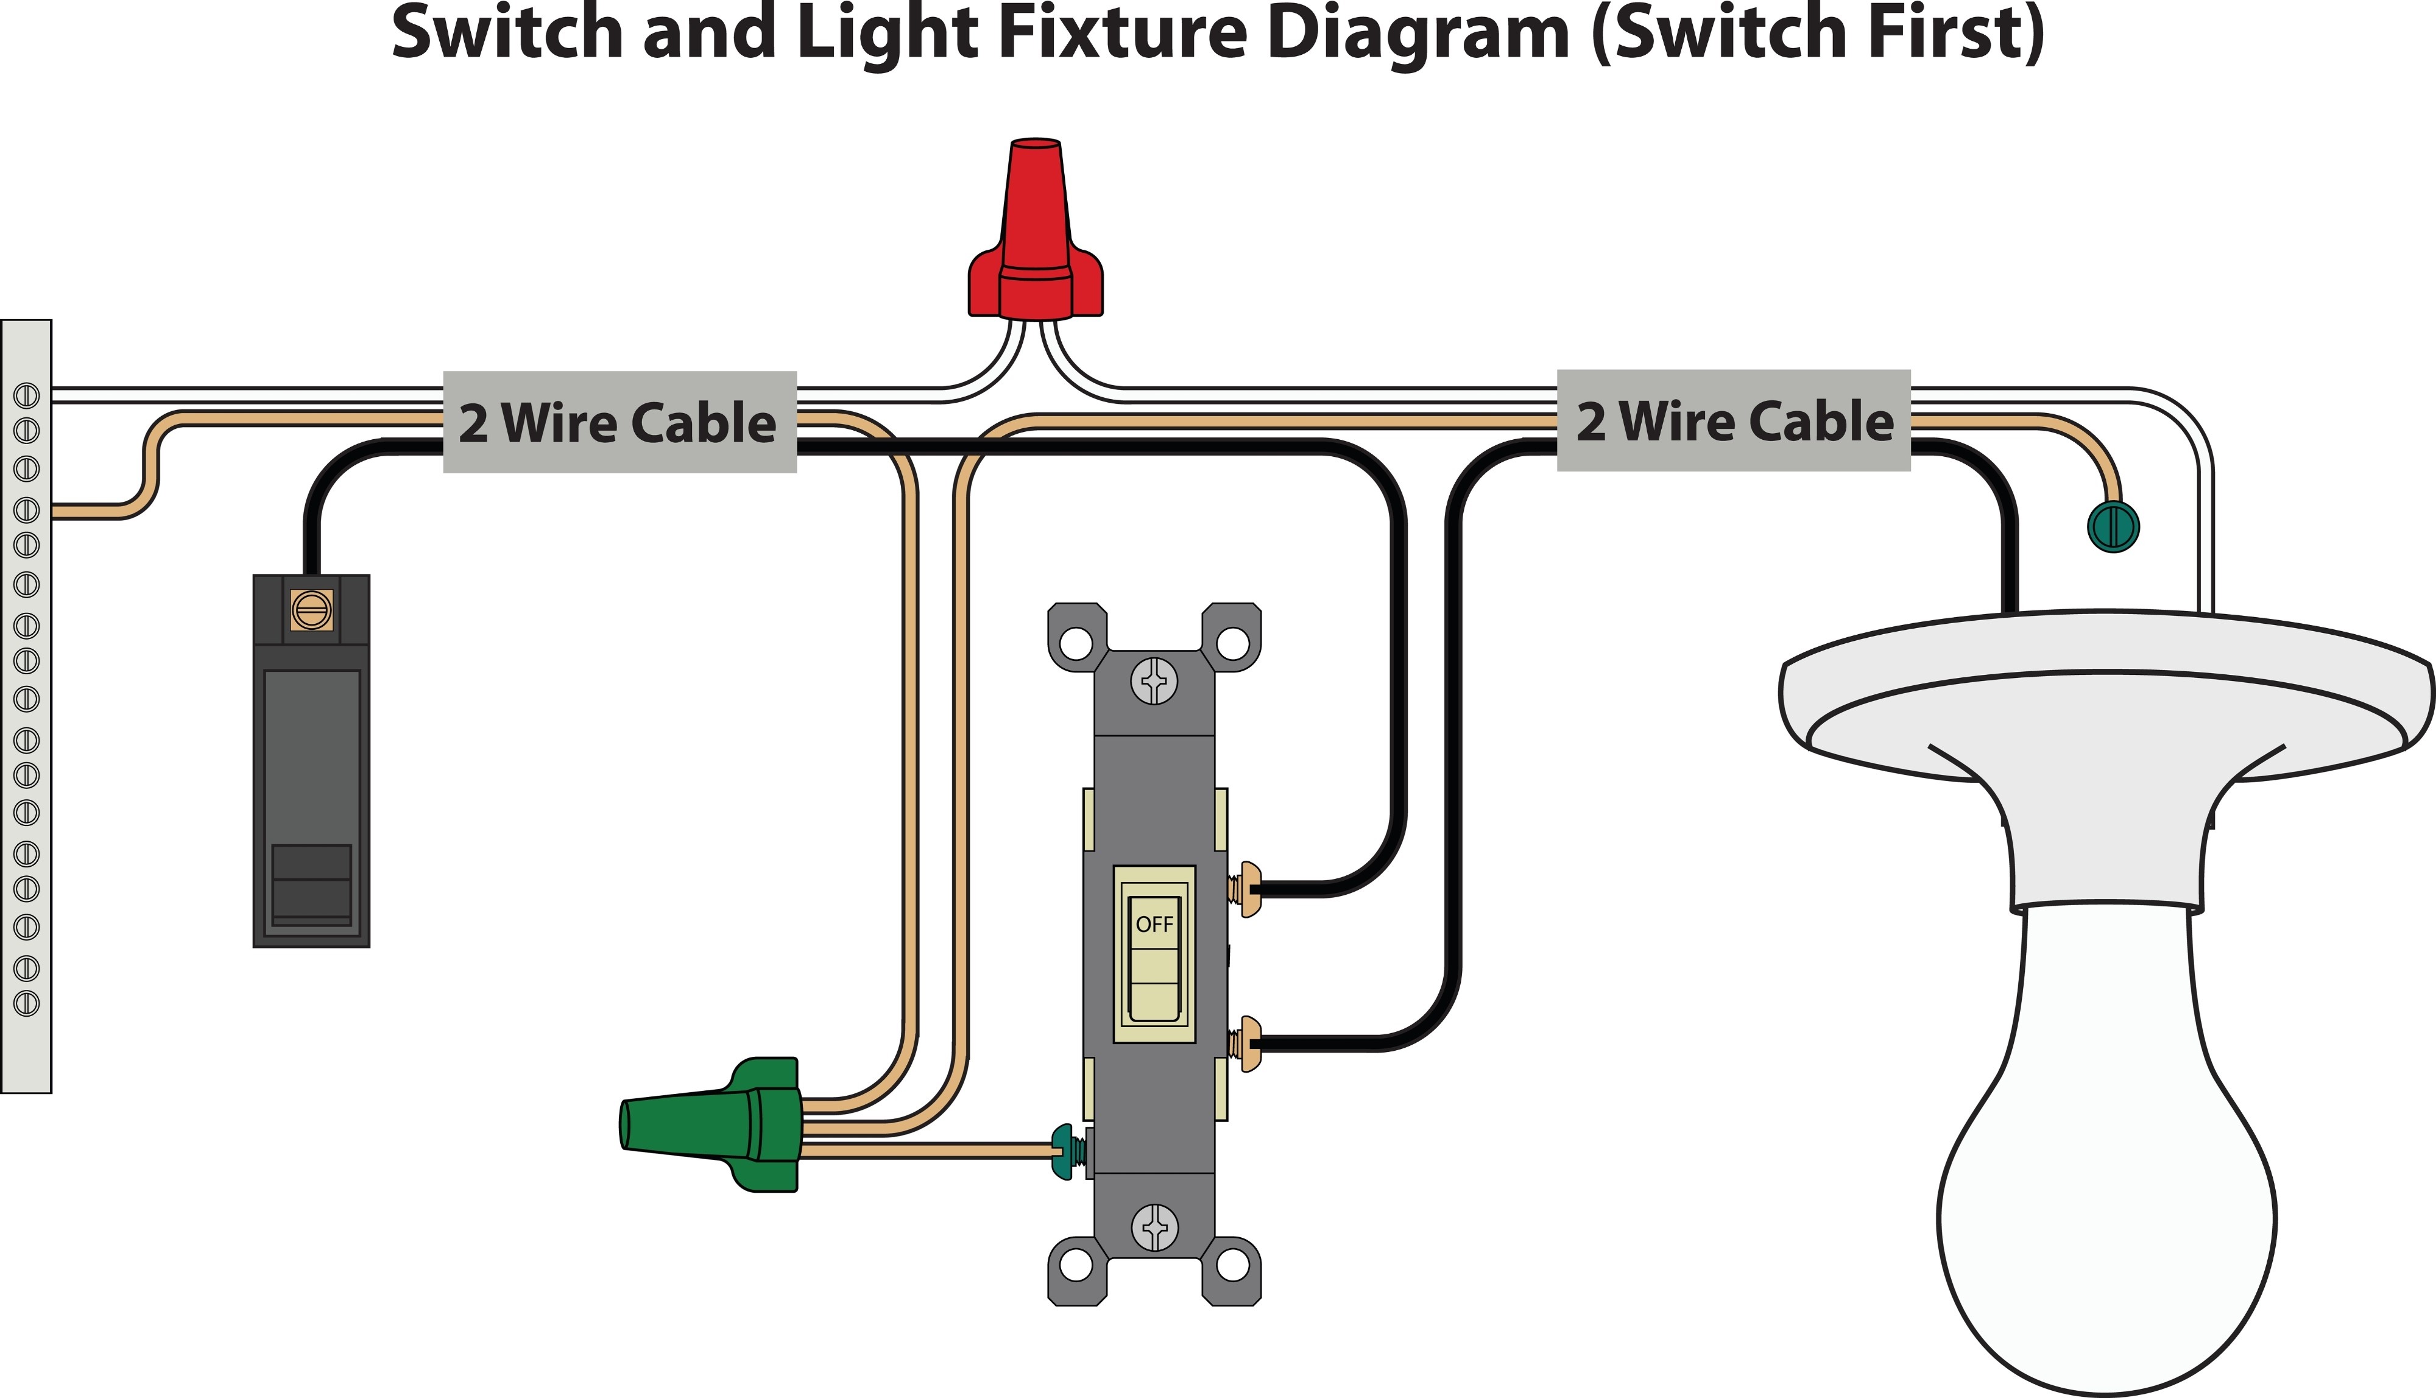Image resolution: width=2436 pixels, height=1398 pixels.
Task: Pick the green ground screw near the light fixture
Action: [x=2113, y=526]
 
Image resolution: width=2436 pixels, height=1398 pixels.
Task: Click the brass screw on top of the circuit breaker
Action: [x=311, y=610]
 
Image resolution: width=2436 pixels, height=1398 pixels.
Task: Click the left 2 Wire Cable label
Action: [x=620, y=423]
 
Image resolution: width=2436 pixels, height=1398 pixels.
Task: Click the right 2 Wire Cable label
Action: [x=1733, y=420]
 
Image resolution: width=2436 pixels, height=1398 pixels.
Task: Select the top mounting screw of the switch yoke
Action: [x=1154, y=682]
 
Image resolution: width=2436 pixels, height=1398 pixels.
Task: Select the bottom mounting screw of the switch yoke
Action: [x=1154, y=1227]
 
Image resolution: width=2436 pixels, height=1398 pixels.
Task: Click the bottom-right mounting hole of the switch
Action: [x=1233, y=1265]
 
